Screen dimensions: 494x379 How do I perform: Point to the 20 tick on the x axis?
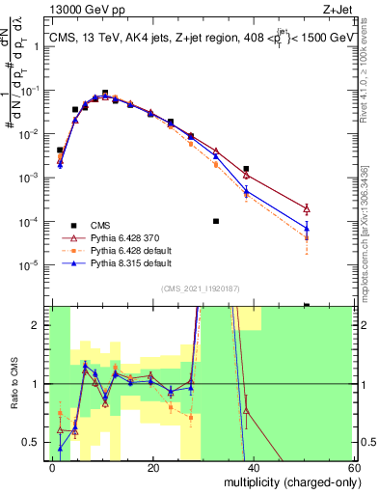point(152,467)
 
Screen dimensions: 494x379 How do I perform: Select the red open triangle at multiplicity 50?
point(307,208)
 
